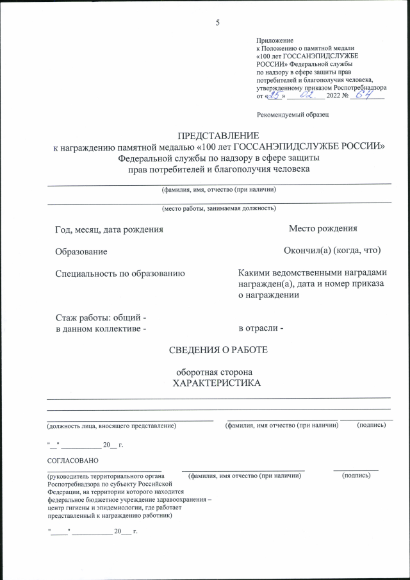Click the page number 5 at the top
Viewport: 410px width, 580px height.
click(218, 23)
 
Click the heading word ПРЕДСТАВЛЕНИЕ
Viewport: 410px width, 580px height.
click(218, 136)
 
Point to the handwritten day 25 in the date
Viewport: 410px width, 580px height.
click(275, 95)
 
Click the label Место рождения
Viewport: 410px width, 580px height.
click(322, 229)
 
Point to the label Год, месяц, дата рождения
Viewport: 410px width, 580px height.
click(109, 229)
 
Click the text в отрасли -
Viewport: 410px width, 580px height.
click(261, 329)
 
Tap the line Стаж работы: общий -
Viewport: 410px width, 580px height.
click(101, 318)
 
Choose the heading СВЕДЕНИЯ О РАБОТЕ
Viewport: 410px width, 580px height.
click(218, 350)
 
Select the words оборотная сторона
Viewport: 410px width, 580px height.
click(218, 372)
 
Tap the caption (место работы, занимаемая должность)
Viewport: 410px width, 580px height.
click(218, 208)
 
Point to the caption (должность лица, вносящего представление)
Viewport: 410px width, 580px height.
click(110, 425)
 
